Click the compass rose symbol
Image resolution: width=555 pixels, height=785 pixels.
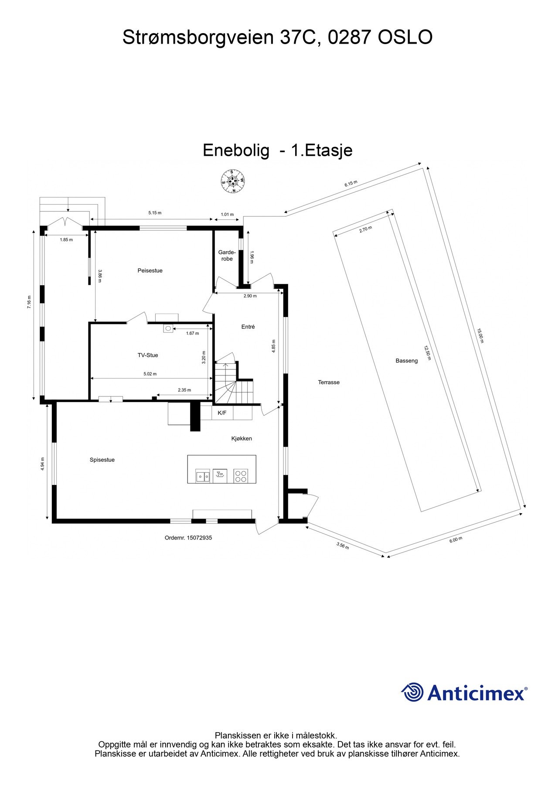point(232,181)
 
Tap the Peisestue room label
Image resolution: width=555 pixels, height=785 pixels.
point(150,271)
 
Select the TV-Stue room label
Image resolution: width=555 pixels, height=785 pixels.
point(148,355)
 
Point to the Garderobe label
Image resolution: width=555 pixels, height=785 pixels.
point(227,256)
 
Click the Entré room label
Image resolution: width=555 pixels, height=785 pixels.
point(248,327)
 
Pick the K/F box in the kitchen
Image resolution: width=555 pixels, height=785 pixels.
point(222,413)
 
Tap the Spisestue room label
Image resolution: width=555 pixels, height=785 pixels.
point(102,460)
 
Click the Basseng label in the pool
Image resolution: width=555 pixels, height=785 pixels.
point(407,361)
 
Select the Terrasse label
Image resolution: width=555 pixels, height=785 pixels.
point(329,382)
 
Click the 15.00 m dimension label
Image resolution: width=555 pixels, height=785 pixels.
point(480,336)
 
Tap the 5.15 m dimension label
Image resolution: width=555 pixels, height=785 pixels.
point(155,213)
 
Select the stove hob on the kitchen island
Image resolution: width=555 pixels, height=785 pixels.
point(241,475)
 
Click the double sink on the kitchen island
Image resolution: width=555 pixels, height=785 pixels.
point(202,476)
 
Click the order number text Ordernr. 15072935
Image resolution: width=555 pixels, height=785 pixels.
point(188,538)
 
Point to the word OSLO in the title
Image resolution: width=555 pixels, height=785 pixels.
point(405,38)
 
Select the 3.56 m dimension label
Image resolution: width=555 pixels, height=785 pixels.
point(343,546)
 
